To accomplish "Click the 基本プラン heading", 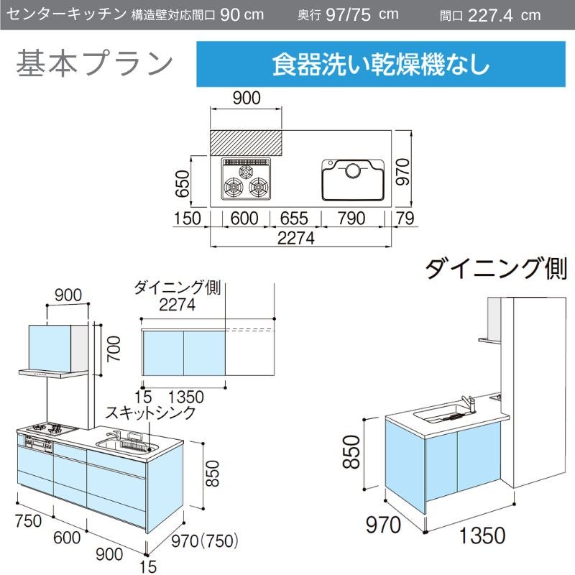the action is (94, 64).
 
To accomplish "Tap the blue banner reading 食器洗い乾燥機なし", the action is (381, 64).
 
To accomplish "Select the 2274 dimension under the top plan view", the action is (295, 238).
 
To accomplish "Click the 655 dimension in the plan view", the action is (294, 218).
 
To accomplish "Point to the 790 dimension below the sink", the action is (351, 218).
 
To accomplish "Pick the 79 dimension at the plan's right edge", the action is (405, 218).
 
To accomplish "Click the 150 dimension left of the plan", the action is (187, 218).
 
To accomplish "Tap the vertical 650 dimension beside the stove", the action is (183, 184).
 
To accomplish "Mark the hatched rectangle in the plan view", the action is (246, 142).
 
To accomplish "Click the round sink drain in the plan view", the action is (353, 170).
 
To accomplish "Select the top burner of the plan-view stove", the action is (246, 170).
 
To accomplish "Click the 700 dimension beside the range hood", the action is (114, 349).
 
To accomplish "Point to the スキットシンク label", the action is (150, 413).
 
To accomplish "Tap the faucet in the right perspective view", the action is (469, 404).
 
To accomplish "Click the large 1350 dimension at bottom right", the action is (482, 535).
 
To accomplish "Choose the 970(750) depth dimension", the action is (205, 541).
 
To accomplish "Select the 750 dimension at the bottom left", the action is (28, 521).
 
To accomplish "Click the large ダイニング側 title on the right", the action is (496, 268).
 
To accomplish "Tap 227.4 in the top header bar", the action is (490, 15).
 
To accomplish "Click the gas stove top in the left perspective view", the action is (47, 428).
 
